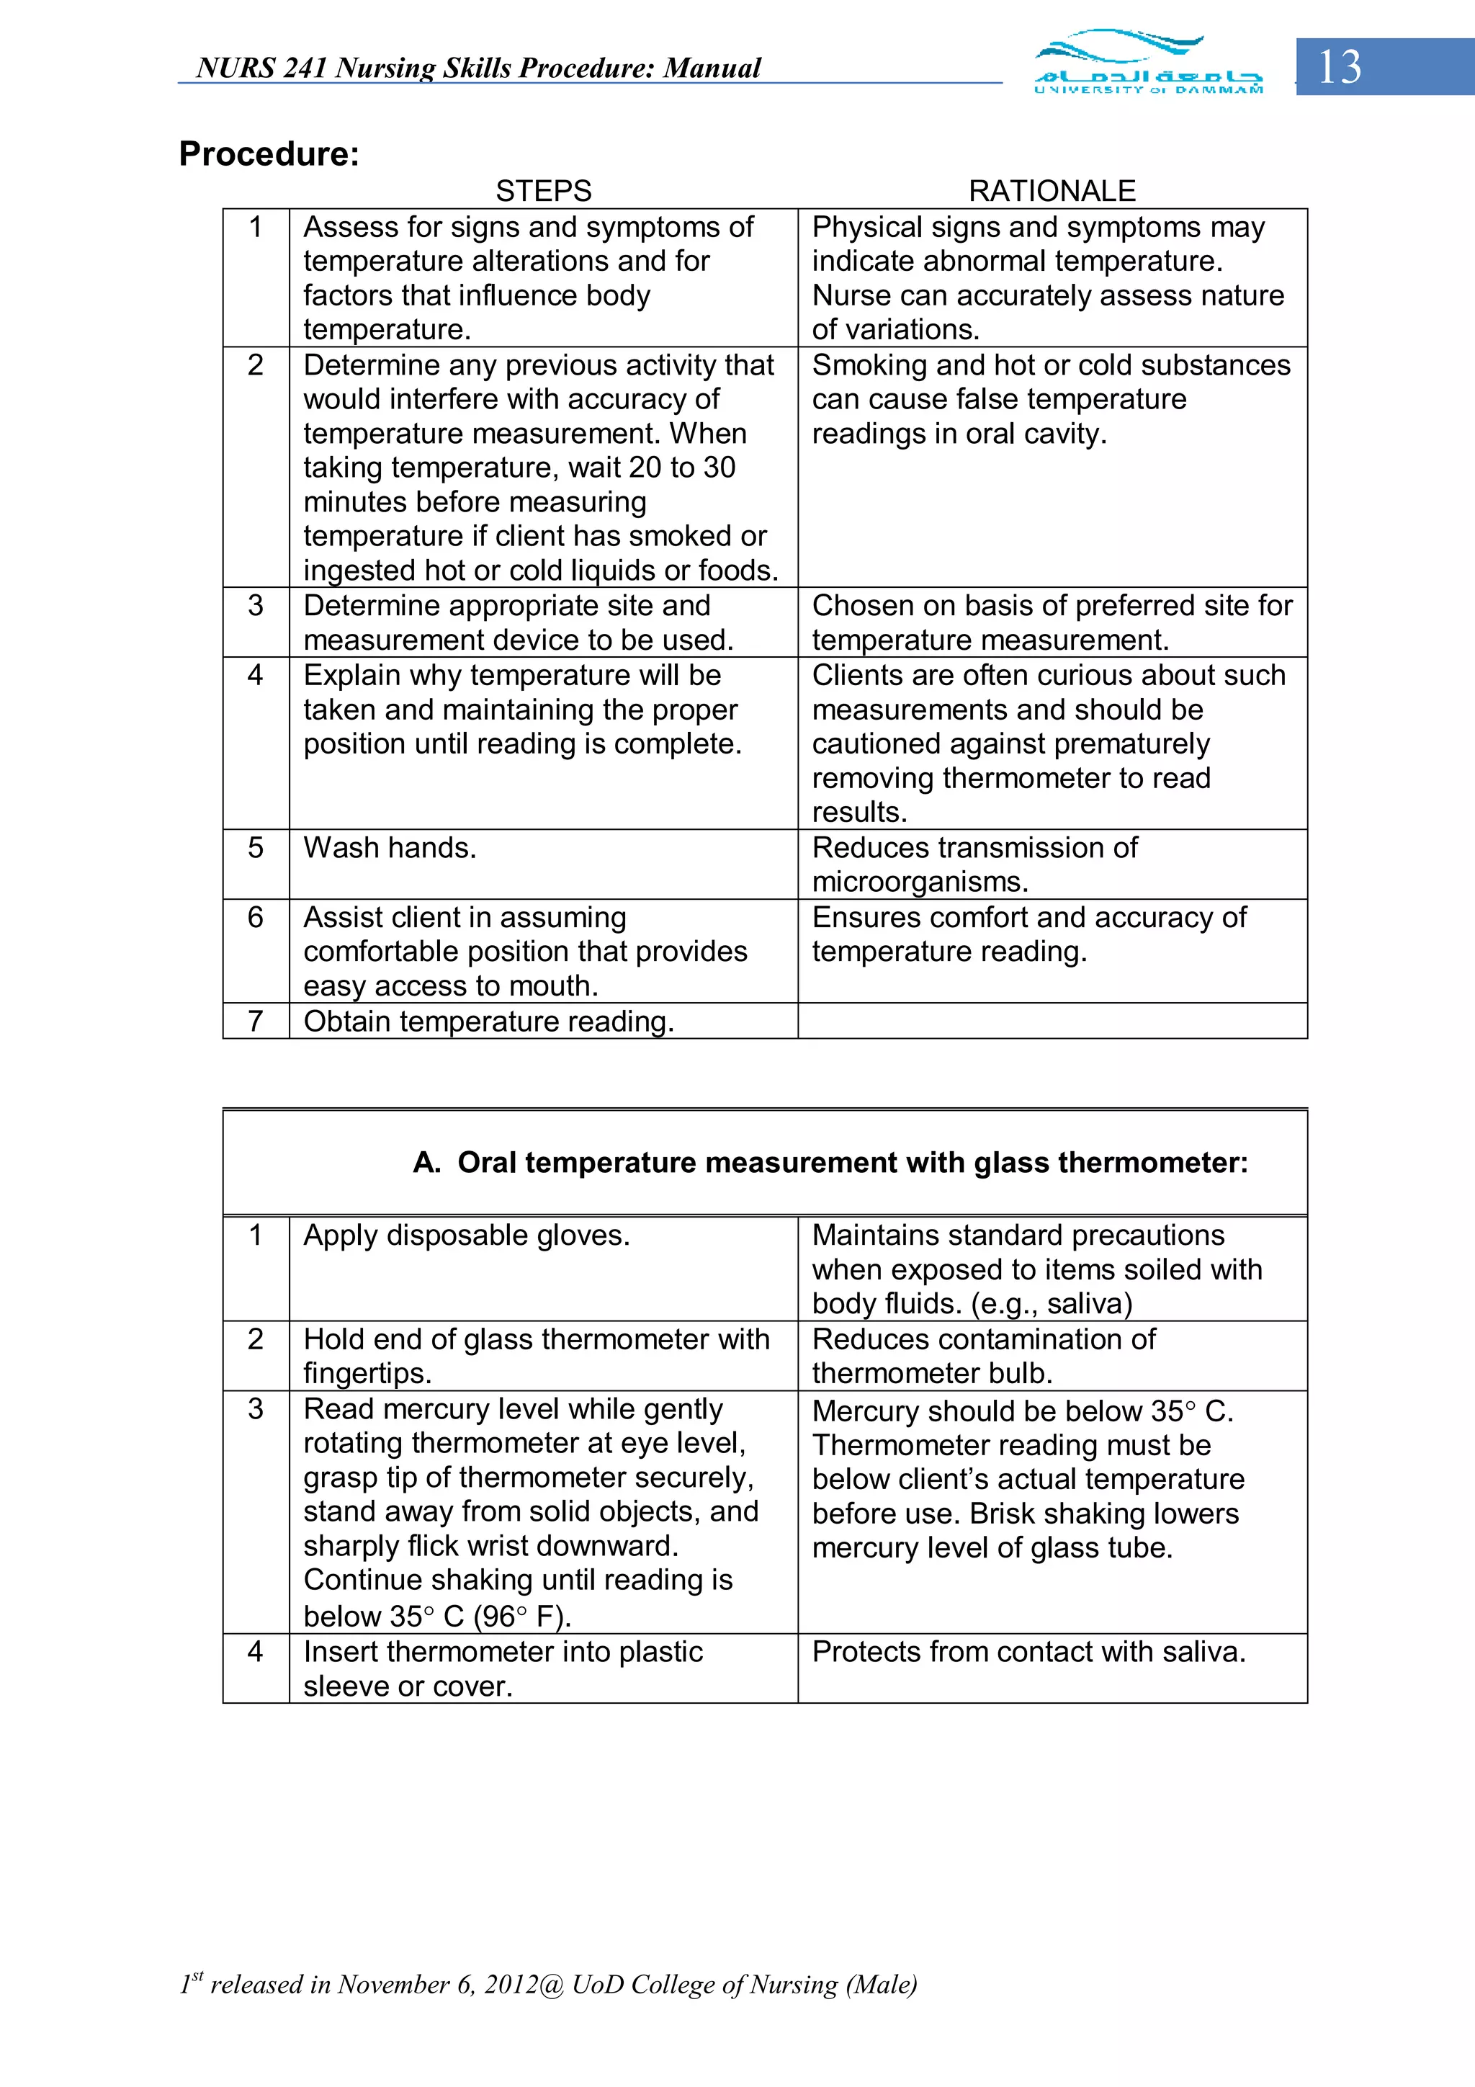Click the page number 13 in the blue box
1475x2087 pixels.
[x=1339, y=67]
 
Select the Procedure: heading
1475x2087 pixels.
[x=269, y=153]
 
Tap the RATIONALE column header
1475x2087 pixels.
[x=1052, y=191]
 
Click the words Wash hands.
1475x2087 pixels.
[x=389, y=847]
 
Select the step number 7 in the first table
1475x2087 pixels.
[x=256, y=1021]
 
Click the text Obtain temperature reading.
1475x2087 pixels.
[x=488, y=1022]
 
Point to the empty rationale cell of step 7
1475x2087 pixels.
[x=1052, y=1021]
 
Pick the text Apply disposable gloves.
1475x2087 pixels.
[x=466, y=1235]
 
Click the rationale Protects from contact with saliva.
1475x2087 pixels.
[x=1028, y=1652]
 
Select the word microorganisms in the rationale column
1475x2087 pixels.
[x=920, y=882]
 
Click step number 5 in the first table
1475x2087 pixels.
[x=256, y=847]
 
